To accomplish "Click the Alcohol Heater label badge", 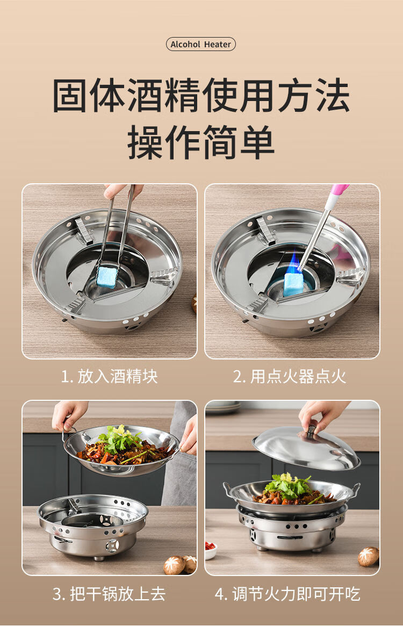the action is [201, 44].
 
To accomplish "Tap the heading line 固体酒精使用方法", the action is [201, 96].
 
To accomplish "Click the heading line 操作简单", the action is [201, 142].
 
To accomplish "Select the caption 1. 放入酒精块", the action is [110, 377].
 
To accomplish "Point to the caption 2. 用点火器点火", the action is [290, 377].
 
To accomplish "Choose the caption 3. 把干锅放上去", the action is [109, 594].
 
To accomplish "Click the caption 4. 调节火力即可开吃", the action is [287, 594].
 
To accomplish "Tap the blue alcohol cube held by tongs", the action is [106, 276].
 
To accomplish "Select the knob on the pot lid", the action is [311, 430].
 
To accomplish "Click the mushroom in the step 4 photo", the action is [368, 557].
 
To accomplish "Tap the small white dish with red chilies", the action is [211, 549].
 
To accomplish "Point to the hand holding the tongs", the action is [122, 190].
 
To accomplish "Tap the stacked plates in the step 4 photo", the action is [224, 407].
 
